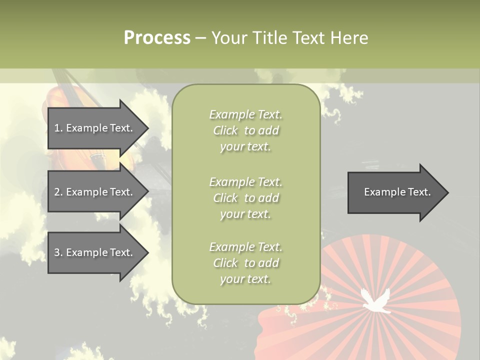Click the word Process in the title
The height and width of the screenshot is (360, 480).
157,37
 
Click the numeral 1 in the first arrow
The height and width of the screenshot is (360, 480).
57,128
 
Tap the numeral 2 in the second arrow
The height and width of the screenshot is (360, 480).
57,192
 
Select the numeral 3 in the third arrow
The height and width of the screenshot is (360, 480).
57,252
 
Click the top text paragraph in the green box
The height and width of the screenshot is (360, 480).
245,130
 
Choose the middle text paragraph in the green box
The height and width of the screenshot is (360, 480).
245,197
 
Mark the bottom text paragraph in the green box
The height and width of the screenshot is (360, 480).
245,263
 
